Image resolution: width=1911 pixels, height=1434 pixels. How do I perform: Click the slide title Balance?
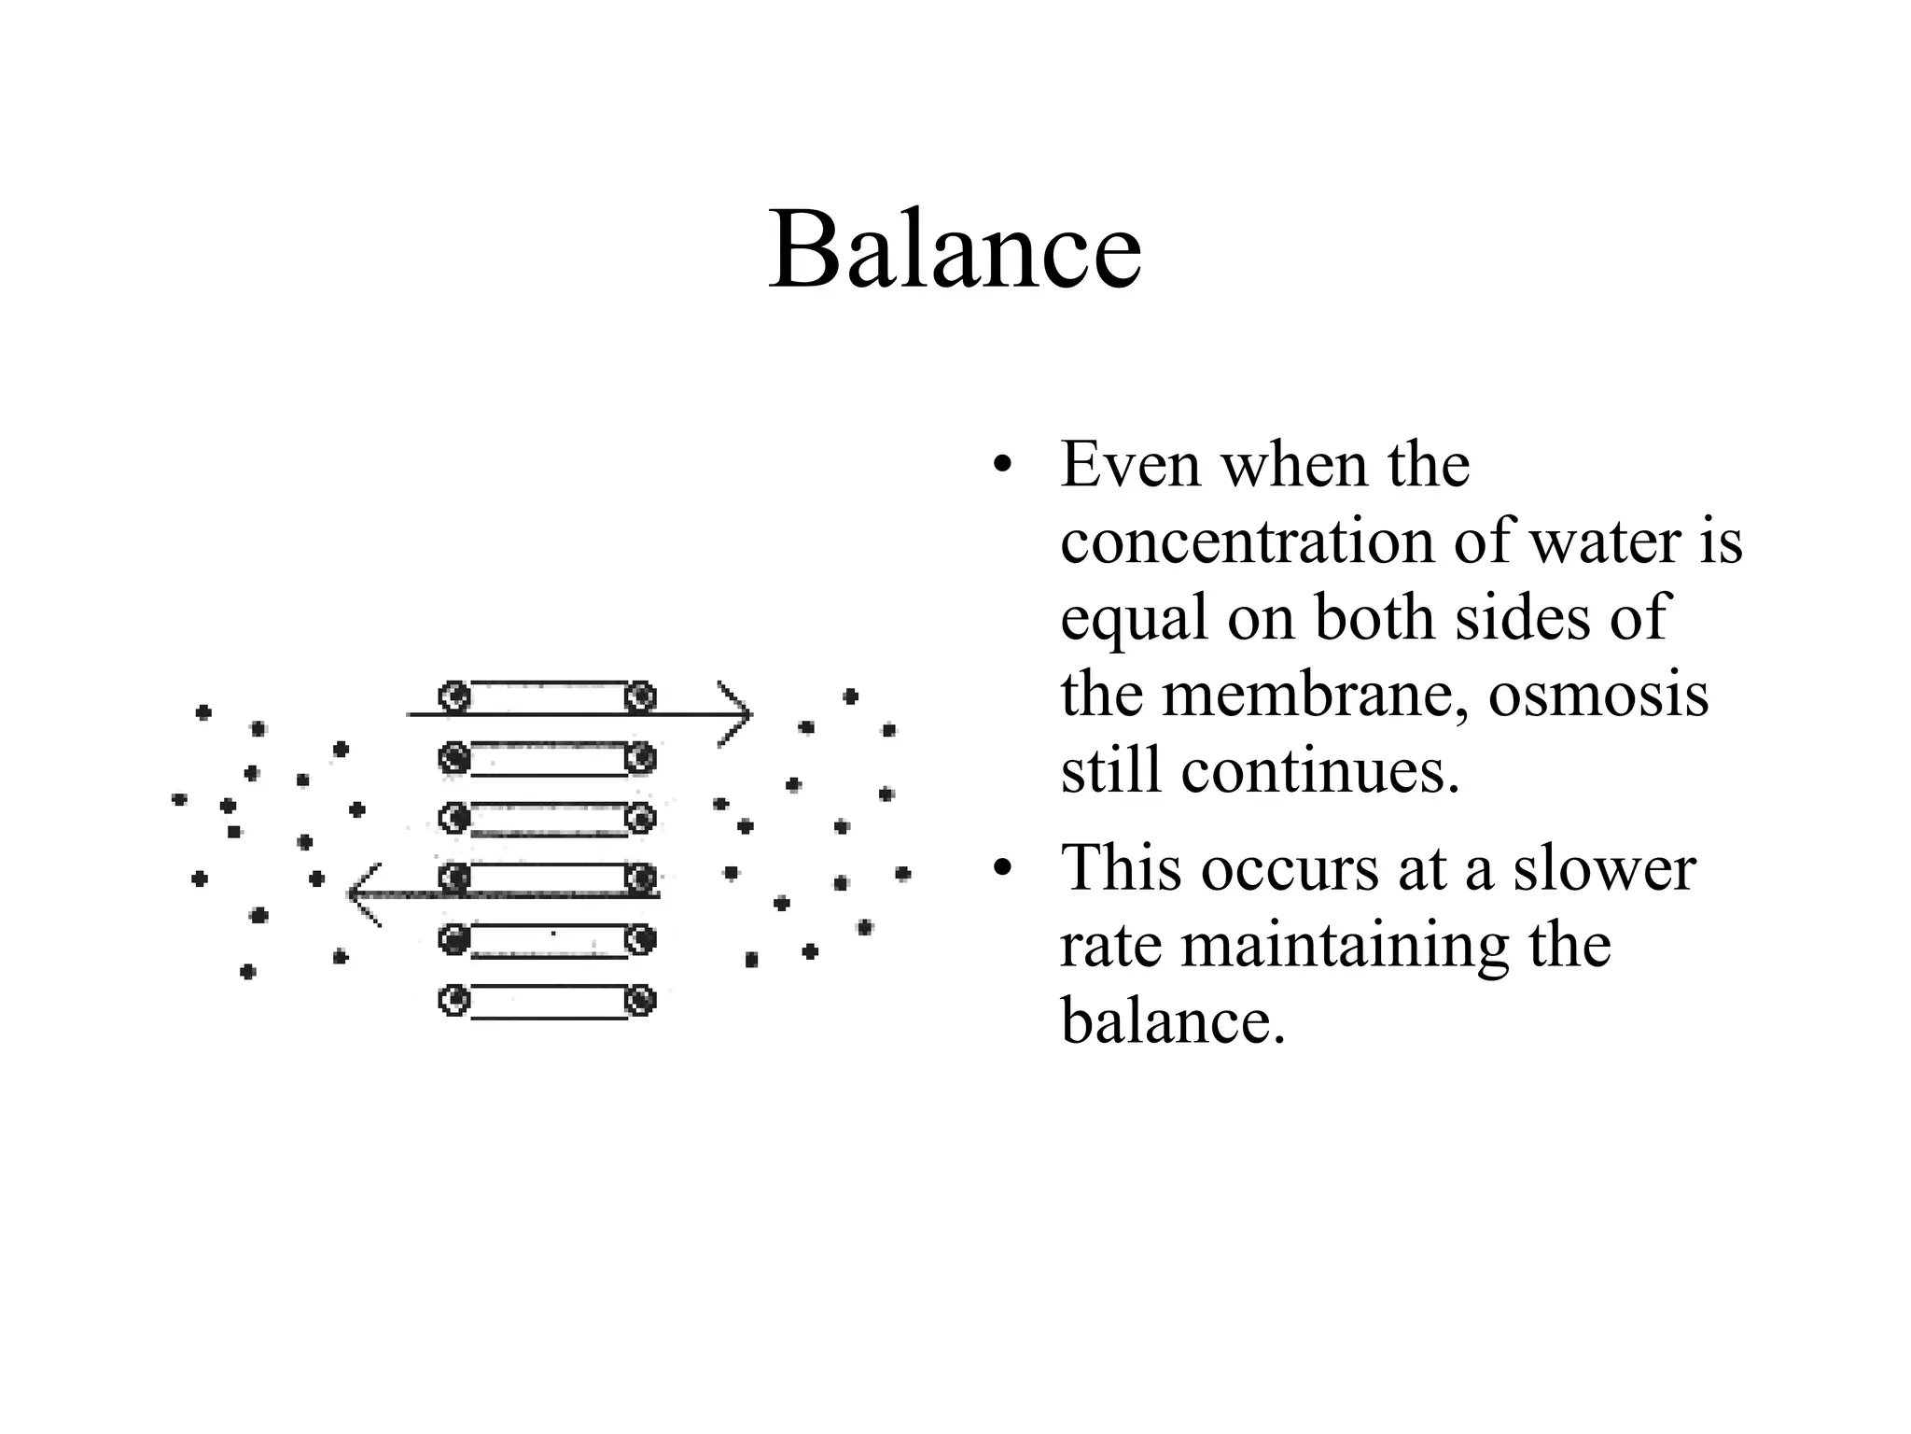click(955, 250)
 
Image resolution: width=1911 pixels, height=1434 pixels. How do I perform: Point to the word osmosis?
click(1597, 695)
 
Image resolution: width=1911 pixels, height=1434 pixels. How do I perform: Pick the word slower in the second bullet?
click(1603, 868)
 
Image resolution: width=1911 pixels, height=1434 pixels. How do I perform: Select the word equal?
click(1136, 620)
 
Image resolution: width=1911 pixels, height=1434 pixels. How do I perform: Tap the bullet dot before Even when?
click(1002, 466)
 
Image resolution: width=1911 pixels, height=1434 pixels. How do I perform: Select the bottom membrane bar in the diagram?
click(548, 1002)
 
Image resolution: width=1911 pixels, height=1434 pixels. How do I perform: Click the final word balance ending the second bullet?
click(1173, 1021)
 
